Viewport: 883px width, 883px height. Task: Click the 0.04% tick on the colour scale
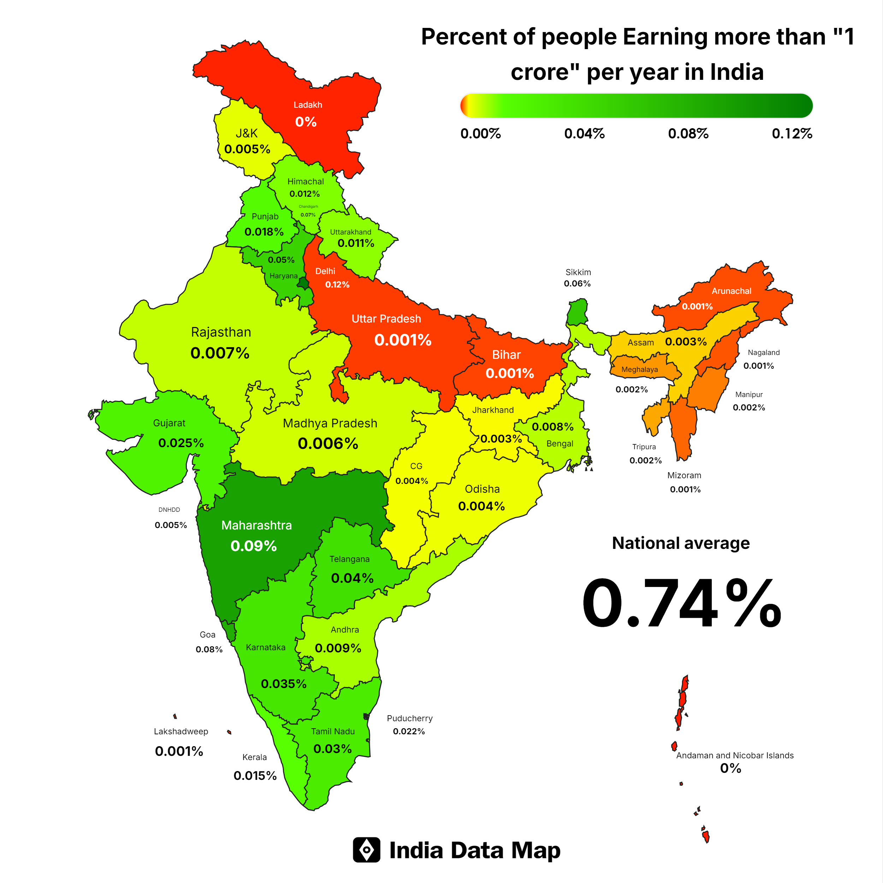pyautogui.click(x=584, y=134)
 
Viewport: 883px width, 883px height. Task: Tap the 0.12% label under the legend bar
pyautogui.click(x=792, y=134)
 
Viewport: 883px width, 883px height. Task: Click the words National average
pyautogui.click(x=681, y=543)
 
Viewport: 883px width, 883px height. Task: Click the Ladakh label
pyautogui.click(x=308, y=105)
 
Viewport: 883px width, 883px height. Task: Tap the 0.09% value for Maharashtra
pyautogui.click(x=254, y=546)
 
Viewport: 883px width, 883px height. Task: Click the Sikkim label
pyautogui.click(x=578, y=272)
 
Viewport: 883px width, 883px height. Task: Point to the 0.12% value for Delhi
pyautogui.click(x=337, y=284)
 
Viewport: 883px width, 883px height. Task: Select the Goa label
pyautogui.click(x=207, y=634)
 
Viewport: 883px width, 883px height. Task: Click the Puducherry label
pyautogui.click(x=409, y=718)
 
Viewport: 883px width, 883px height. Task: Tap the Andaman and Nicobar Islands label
pyautogui.click(x=734, y=755)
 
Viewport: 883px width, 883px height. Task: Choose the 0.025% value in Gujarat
pyautogui.click(x=181, y=443)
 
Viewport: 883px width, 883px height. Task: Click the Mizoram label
pyautogui.click(x=684, y=475)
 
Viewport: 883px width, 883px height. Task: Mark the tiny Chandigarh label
pyautogui.click(x=308, y=207)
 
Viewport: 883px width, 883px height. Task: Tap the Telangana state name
pyautogui.click(x=349, y=559)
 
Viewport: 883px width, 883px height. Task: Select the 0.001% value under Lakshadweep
pyautogui.click(x=179, y=751)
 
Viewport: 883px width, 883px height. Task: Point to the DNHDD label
pyautogui.click(x=169, y=510)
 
